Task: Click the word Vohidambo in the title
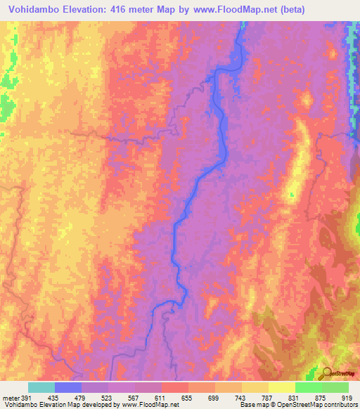(30, 9)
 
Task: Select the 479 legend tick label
(82, 398)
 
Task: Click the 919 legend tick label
(345, 398)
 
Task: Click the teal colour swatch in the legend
(41, 387)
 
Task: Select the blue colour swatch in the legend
(68, 387)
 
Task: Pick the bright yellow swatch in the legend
(282, 387)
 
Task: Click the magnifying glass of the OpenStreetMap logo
(328, 373)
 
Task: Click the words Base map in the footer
(250, 405)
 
